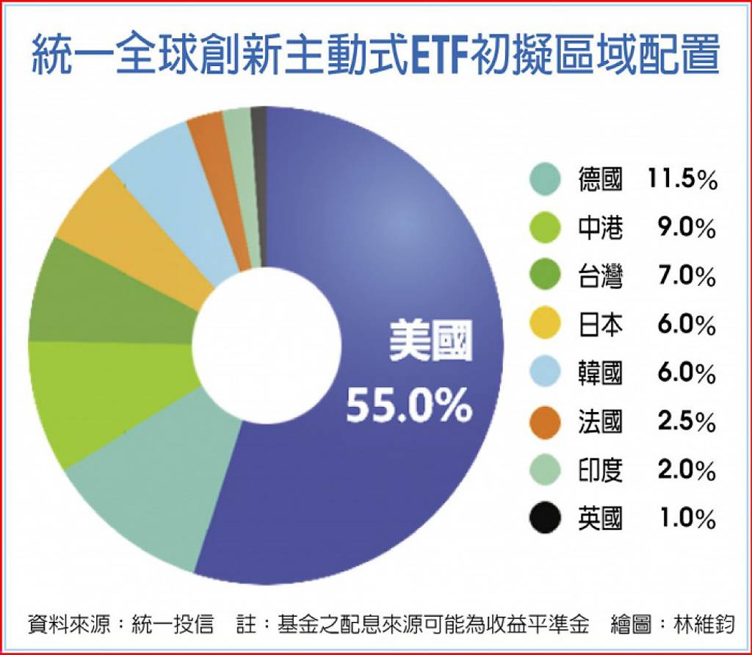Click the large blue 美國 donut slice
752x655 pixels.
[x=411, y=242]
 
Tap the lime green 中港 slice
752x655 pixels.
[x=103, y=397]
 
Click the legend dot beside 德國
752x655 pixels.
[x=545, y=180]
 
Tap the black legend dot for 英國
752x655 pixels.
[x=545, y=519]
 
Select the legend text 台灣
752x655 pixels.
[x=600, y=277]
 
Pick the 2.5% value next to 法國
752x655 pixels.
[x=686, y=422]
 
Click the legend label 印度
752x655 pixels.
[x=600, y=471]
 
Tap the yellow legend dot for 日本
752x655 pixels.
[x=545, y=325]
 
